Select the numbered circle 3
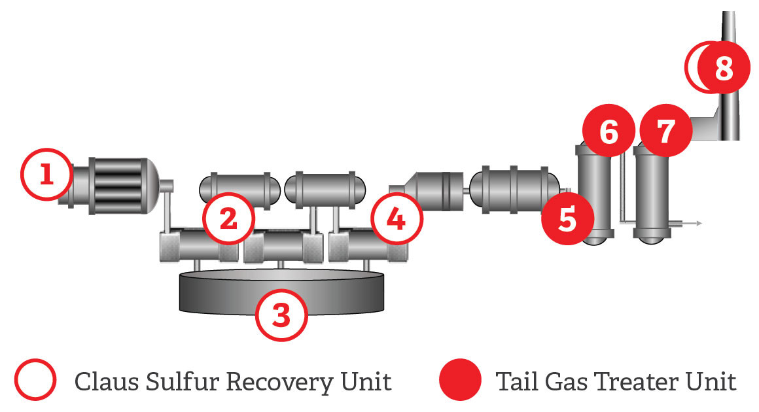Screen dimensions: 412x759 click(x=281, y=316)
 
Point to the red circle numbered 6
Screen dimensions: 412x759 click(x=609, y=131)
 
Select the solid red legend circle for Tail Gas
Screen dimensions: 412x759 click(x=460, y=381)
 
